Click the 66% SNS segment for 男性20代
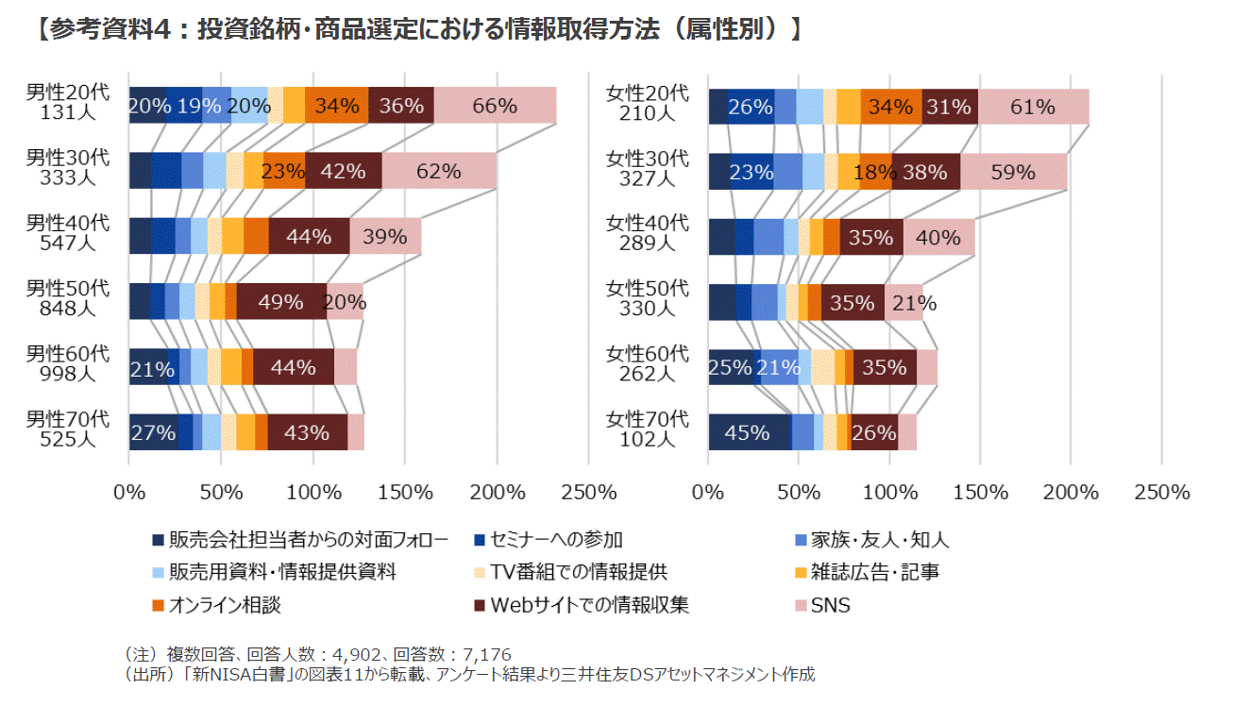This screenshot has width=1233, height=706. pos(495,106)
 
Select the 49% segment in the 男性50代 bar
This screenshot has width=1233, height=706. pos(281,302)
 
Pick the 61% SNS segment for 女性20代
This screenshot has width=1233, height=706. pos(1033,107)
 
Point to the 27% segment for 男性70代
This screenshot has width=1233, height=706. pos(153,432)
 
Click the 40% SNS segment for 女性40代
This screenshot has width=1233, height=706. pos(938,237)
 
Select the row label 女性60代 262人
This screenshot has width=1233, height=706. pos(648,363)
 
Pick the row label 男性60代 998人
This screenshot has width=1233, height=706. pos(67,363)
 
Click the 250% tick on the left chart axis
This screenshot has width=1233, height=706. pos(588,492)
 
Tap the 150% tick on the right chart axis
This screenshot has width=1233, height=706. pos(980,492)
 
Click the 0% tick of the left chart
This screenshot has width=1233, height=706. pos(128,492)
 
